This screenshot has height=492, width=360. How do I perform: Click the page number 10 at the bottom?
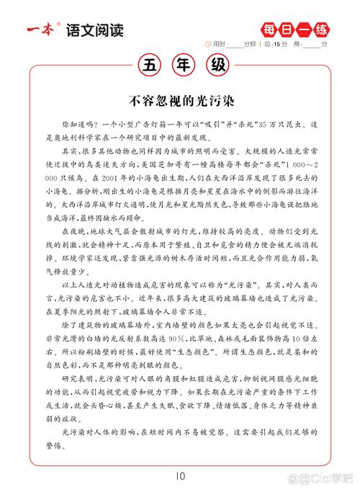180,475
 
